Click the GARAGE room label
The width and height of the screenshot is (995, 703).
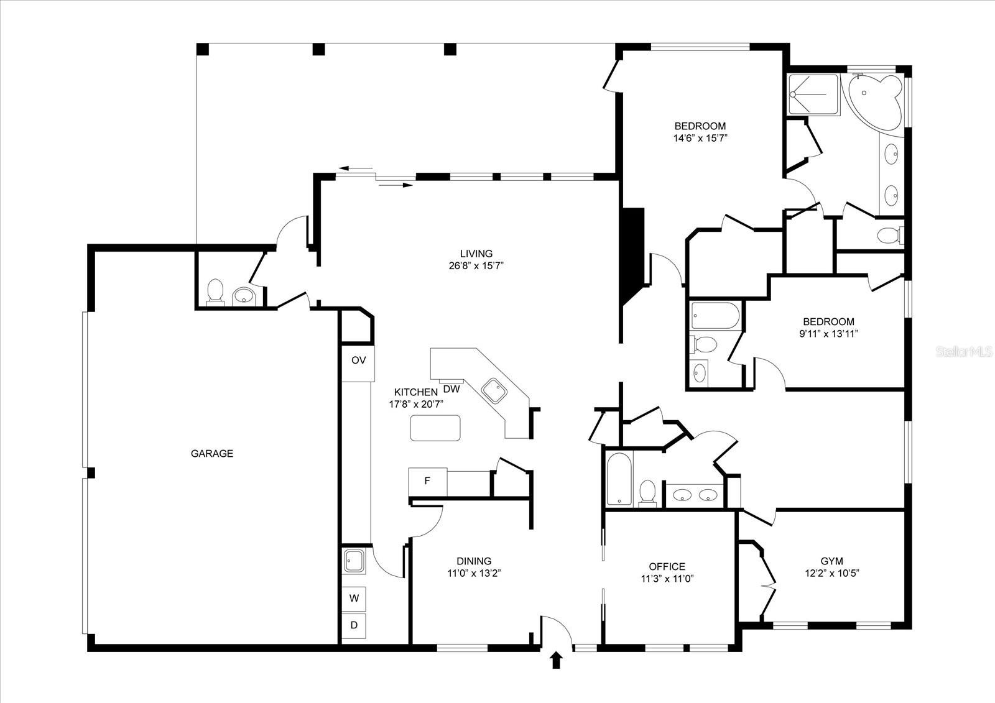click(211, 454)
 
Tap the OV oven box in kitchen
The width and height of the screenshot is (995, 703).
click(358, 361)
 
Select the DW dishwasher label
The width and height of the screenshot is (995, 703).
click(451, 390)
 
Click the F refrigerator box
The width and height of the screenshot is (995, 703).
click(427, 481)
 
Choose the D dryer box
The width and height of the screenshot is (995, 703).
click(354, 625)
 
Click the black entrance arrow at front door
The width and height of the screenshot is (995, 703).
click(556, 660)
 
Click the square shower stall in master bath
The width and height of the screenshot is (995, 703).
click(813, 94)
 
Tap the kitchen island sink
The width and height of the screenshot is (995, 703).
click(496, 391)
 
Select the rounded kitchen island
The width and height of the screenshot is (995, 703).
click(435, 428)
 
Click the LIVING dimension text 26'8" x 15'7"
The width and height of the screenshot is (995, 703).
click(476, 265)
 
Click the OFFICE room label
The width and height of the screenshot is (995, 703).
click(667, 566)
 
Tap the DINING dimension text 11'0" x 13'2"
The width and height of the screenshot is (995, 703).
click(474, 573)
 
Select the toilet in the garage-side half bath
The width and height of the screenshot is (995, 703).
click(215, 291)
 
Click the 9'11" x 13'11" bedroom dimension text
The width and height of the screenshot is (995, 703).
click(828, 333)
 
